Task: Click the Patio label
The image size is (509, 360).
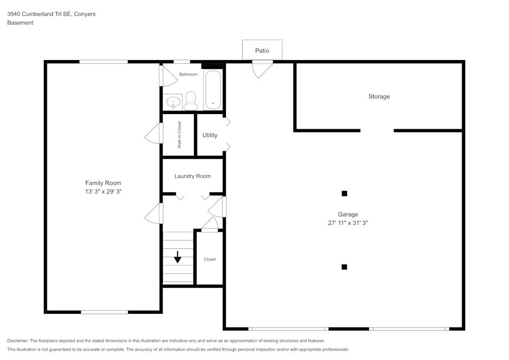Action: click(262, 50)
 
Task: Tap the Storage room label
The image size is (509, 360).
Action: click(379, 96)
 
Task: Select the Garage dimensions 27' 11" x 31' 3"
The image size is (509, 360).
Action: click(348, 223)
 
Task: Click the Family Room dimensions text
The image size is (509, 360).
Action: click(103, 192)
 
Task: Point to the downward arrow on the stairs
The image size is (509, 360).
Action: click(178, 257)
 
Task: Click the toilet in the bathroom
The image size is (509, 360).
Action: click(190, 100)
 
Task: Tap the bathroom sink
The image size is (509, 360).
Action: click(174, 102)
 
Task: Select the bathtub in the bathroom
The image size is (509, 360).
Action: click(213, 90)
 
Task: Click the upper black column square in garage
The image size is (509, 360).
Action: click(344, 193)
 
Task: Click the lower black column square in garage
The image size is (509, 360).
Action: click(344, 267)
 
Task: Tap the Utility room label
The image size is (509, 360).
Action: click(210, 135)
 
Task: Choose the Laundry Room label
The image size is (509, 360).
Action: click(192, 176)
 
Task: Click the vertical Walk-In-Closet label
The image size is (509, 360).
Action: click(180, 135)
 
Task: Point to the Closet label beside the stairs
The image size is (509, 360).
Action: click(210, 259)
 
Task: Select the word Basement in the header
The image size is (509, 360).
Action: click(20, 23)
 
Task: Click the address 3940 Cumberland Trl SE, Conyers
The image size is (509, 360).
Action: click(51, 14)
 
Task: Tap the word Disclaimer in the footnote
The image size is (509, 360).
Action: click(18, 341)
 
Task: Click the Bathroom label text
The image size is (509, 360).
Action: click(188, 74)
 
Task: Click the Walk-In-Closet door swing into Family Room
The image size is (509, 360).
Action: click(153, 135)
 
